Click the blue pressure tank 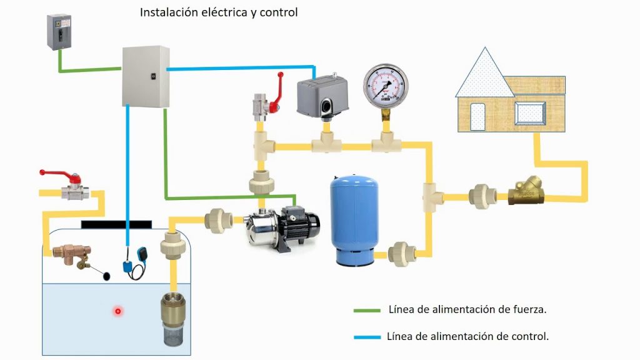pyautogui.click(x=353, y=219)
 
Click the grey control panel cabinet pyautogui.click(x=145, y=76)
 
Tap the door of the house pyautogui.click(x=477, y=117)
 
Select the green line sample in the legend pyautogui.click(x=367, y=310)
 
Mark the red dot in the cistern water pyautogui.click(x=117, y=311)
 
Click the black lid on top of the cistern pyautogui.click(x=116, y=224)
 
